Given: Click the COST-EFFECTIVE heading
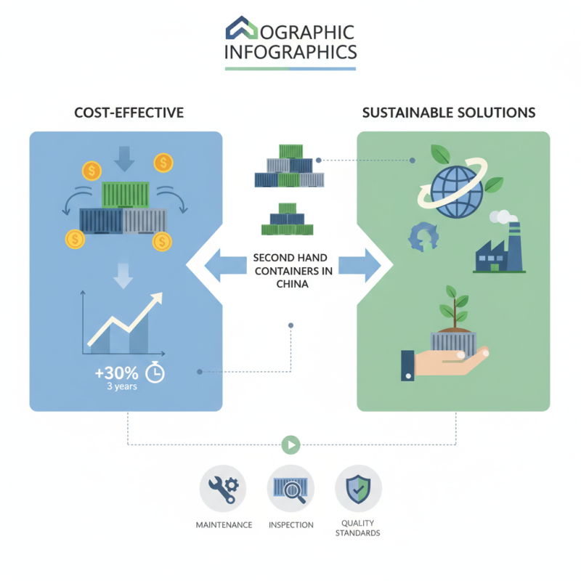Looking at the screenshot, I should point(129,113).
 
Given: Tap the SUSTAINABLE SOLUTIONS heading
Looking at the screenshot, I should point(448,113).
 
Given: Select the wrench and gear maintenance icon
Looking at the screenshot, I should point(223,489).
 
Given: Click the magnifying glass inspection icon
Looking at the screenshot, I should point(290,489).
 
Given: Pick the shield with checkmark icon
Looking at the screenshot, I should point(358,489).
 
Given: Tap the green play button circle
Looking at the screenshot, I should point(290,444).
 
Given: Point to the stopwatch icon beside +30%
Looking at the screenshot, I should point(155,373).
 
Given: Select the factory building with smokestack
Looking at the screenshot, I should point(499,247).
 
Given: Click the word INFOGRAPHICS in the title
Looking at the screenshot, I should point(290,52).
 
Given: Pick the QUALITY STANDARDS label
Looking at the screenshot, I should point(358,529).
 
